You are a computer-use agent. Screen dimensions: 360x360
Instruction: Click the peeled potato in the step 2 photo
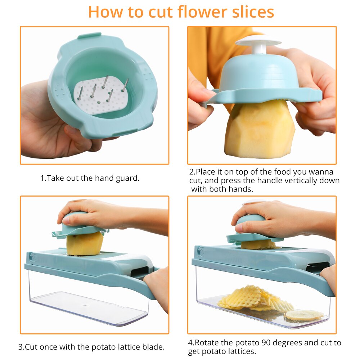(259, 130)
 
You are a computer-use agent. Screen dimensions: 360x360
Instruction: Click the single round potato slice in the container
(304, 315)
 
